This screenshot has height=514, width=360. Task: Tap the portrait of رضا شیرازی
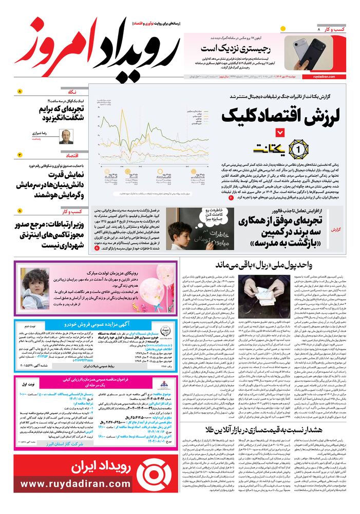(x=65, y=136)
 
